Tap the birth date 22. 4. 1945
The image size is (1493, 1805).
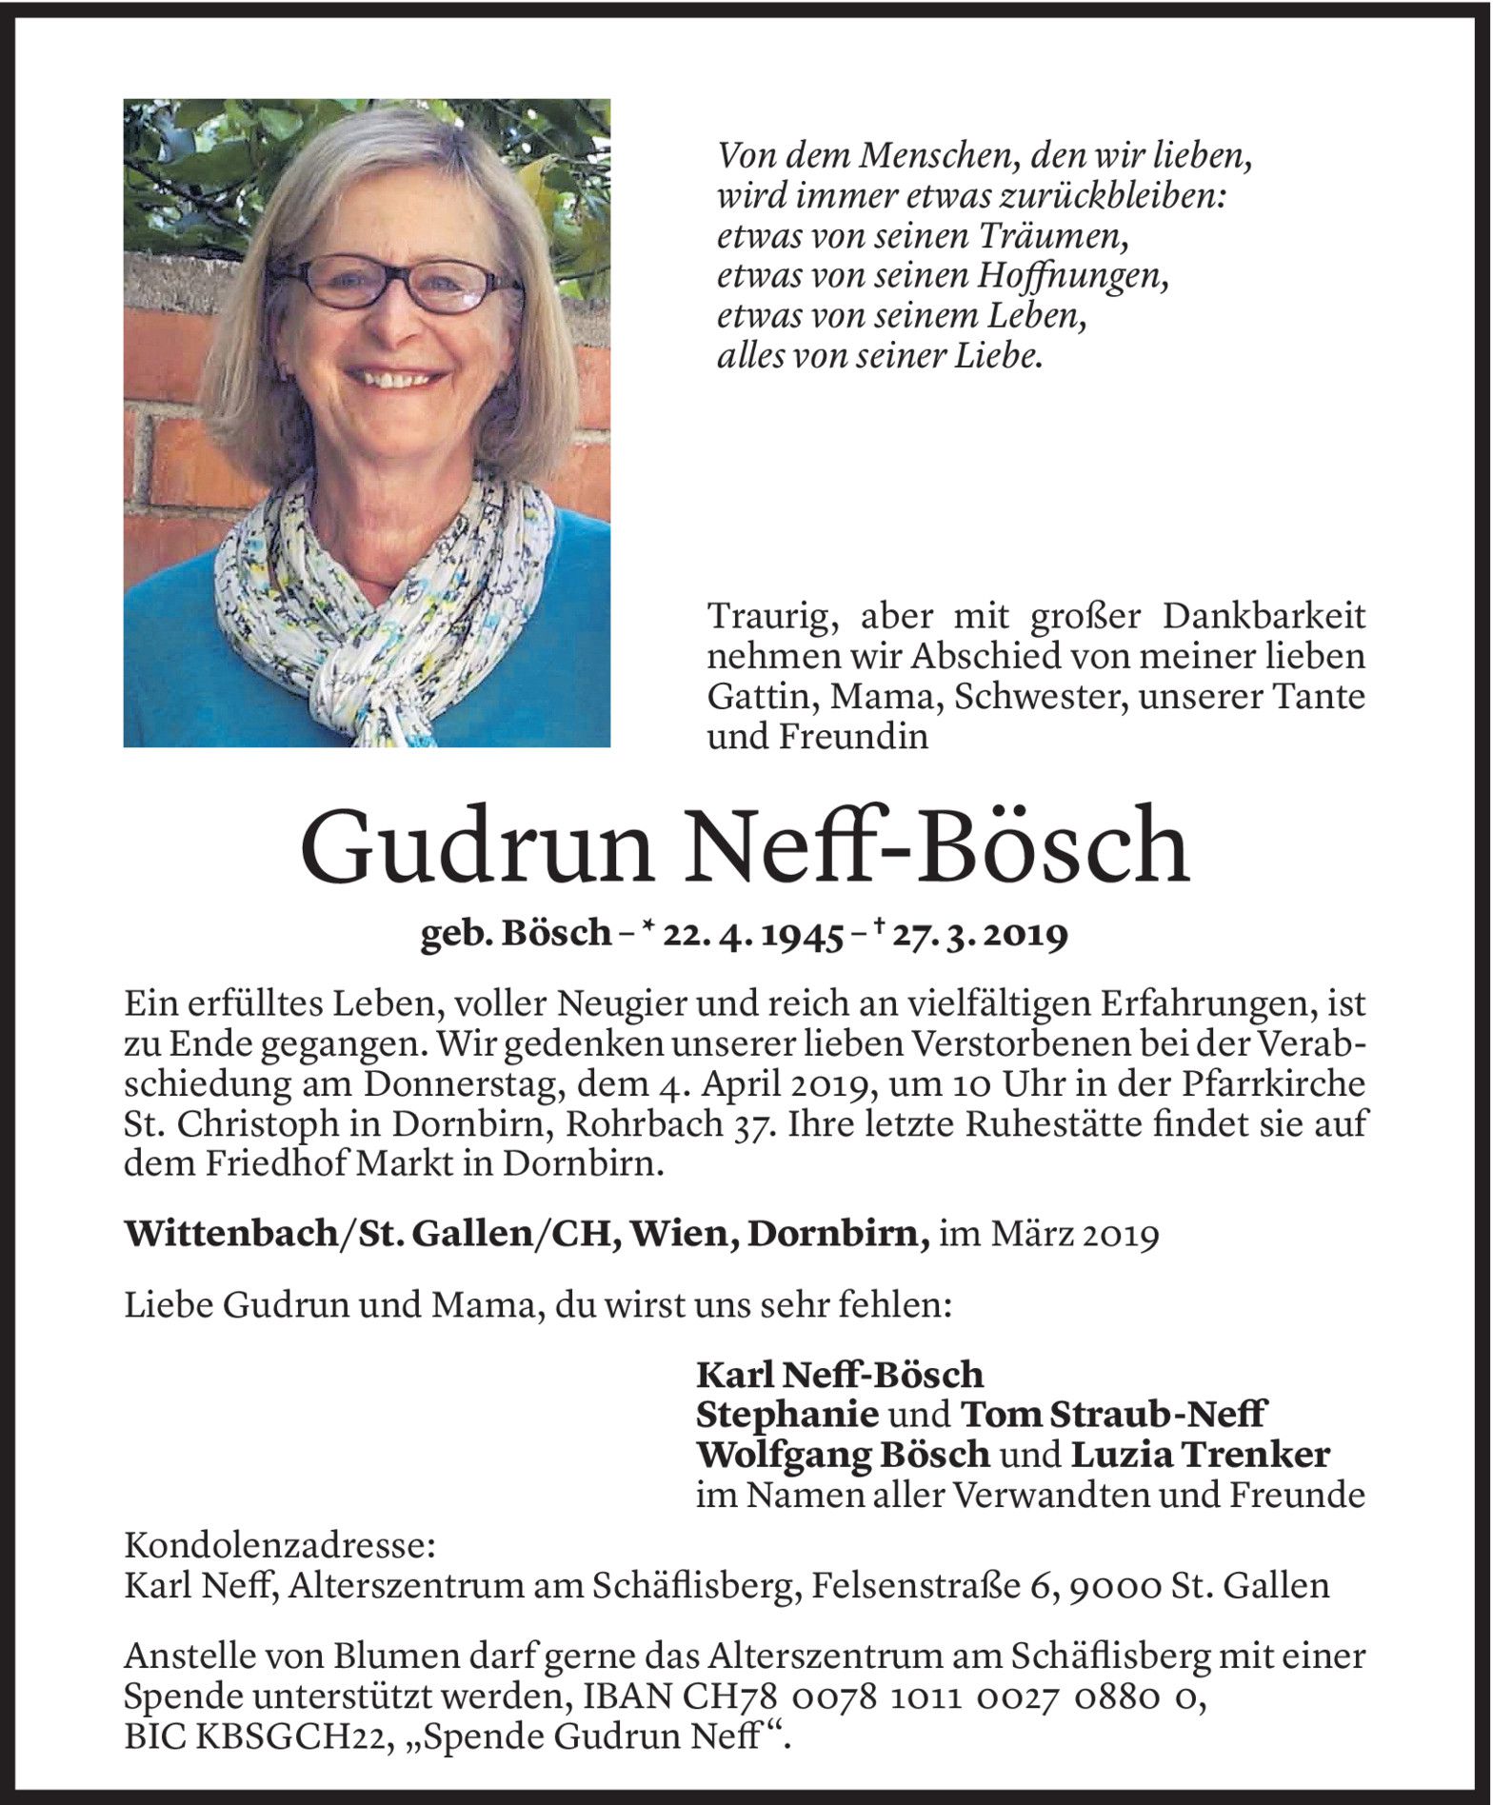tap(753, 937)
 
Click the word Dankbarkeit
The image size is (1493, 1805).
tap(1264, 617)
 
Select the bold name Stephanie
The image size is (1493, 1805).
tap(787, 1415)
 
